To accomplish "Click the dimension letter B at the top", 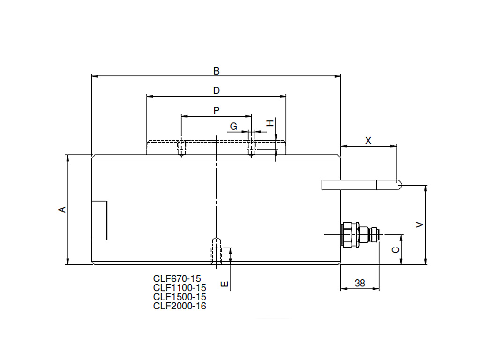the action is [x=217, y=71].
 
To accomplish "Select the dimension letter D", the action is [x=217, y=90].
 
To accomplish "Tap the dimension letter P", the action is [x=217, y=111].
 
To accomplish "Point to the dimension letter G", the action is [x=233, y=126].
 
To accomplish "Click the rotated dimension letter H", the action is [x=270, y=123].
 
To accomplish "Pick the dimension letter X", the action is [x=368, y=141].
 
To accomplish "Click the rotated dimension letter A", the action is [x=62, y=210].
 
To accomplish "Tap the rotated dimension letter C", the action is [x=396, y=250].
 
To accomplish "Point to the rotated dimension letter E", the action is [x=225, y=285].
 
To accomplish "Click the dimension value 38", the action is [x=360, y=283].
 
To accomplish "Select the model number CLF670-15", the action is [x=177, y=278].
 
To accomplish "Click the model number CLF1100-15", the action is [x=180, y=288].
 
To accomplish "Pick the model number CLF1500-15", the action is [x=180, y=297].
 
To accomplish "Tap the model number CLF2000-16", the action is [x=180, y=306].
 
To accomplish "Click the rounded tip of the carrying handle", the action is [x=398, y=185].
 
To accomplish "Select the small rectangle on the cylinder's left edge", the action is [x=99, y=220].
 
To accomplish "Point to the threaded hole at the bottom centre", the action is [x=217, y=251].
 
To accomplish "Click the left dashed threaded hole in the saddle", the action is [x=181, y=148].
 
